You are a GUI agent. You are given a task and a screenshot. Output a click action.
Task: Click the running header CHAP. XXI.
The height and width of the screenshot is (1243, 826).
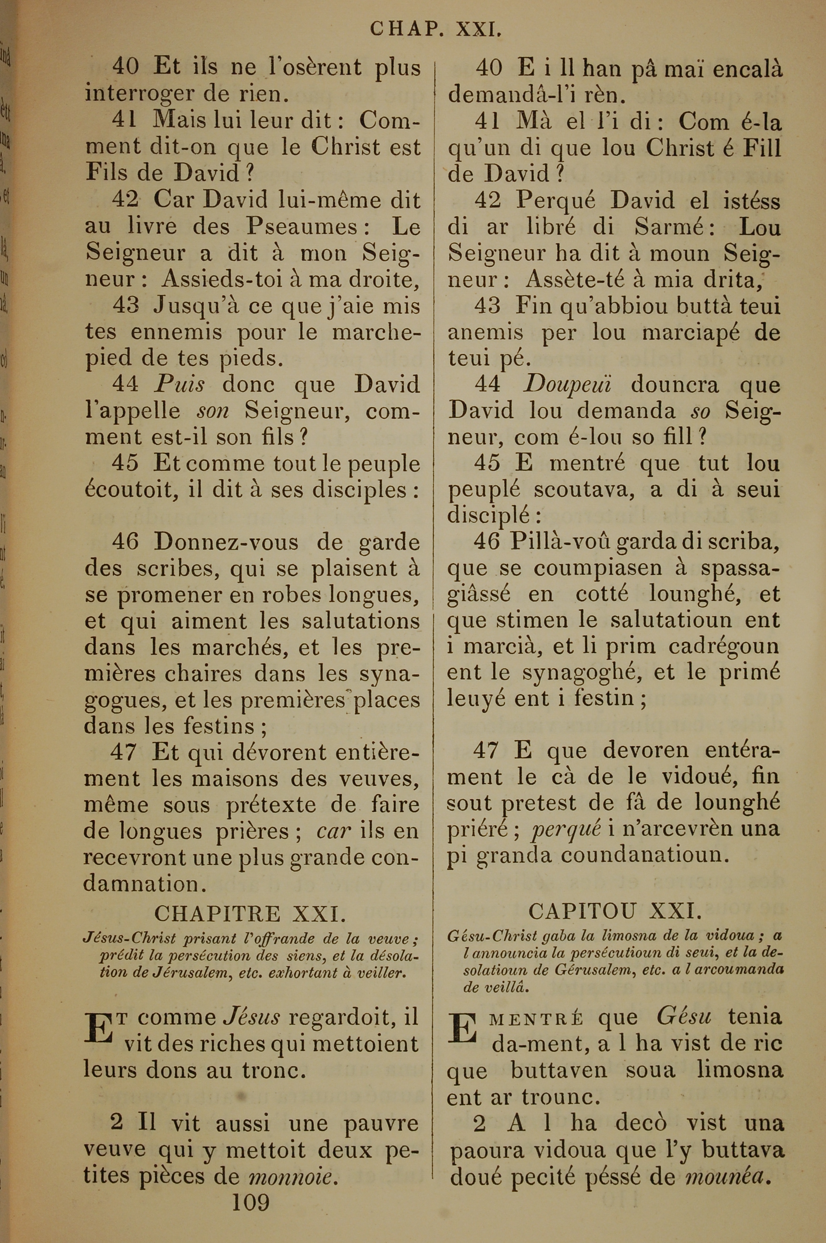coord(435,29)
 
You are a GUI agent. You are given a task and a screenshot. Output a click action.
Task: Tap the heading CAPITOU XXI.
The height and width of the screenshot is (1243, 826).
coord(615,910)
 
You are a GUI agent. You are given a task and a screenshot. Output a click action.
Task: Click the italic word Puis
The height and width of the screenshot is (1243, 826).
coord(179,385)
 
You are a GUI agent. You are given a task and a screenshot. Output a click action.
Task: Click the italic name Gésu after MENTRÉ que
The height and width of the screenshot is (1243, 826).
coord(684,1017)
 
